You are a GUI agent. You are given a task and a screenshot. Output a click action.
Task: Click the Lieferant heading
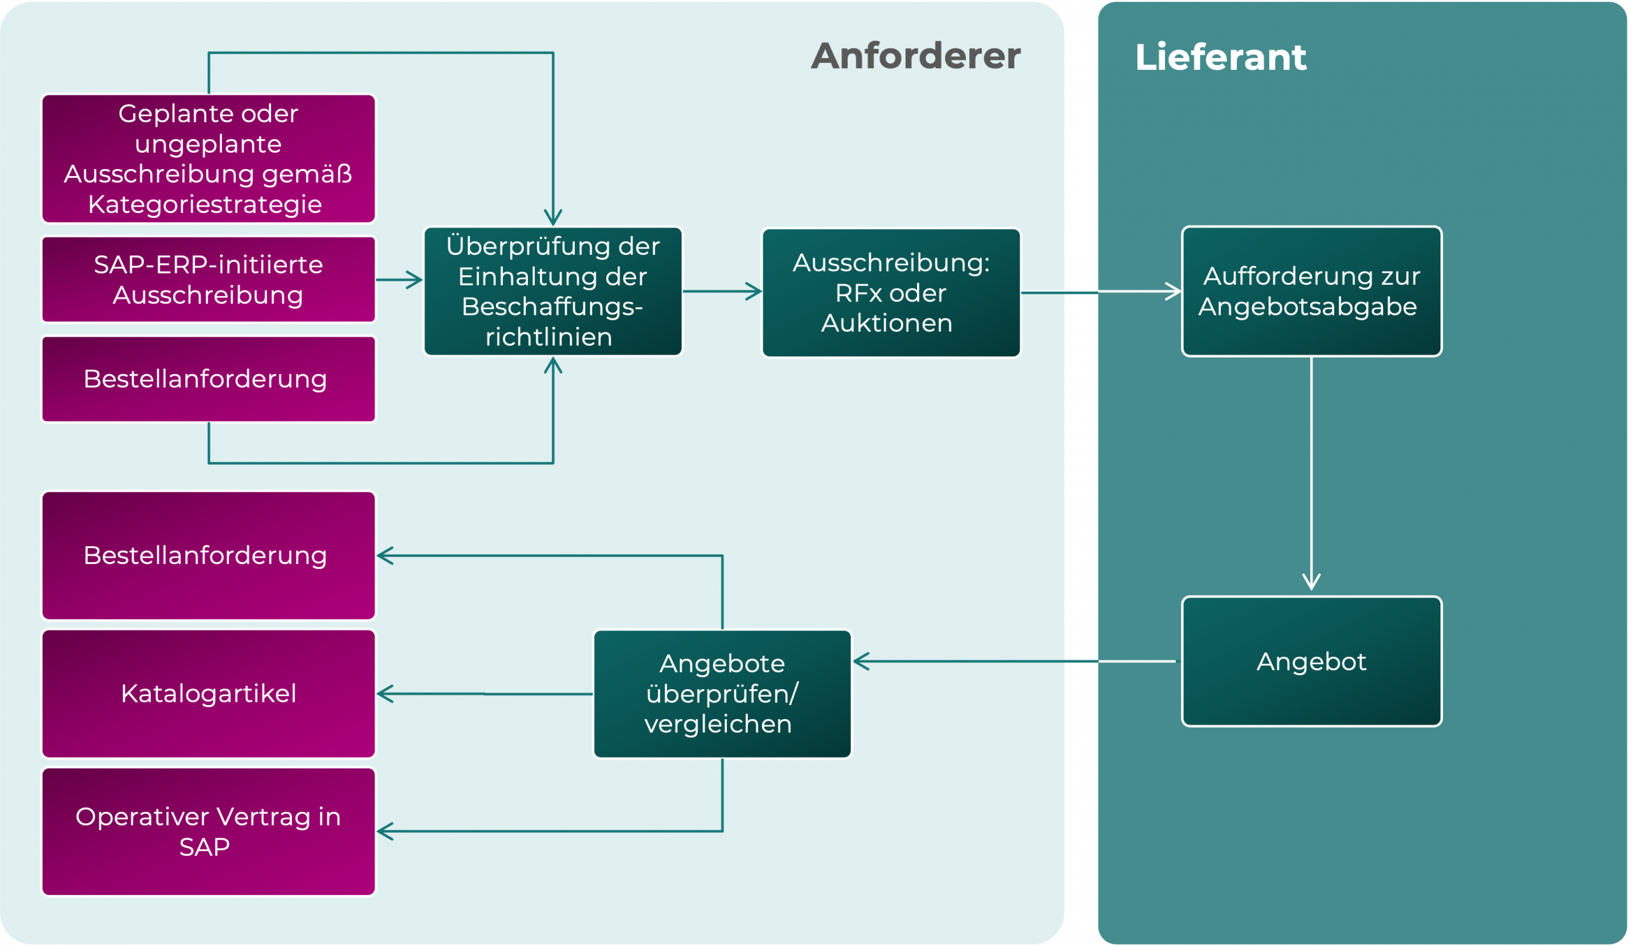pyautogui.click(x=1220, y=57)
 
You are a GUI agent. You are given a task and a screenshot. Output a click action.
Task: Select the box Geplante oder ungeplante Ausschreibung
pyautogui.click(x=208, y=159)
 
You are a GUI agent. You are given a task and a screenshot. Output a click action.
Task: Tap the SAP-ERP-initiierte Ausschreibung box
pyautogui.click(x=208, y=280)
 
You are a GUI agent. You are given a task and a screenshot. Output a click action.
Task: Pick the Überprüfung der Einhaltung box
pyautogui.click(x=553, y=291)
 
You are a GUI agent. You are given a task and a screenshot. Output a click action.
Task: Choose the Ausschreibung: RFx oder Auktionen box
pyautogui.click(x=891, y=292)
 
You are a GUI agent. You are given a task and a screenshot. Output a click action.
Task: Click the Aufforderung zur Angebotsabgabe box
pyautogui.click(x=1311, y=291)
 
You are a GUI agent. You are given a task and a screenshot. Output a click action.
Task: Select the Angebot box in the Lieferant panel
pyautogui.click(x=1311, y=661)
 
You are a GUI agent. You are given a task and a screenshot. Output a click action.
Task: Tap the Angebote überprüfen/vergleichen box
pyautogui.click(x=722, y=694)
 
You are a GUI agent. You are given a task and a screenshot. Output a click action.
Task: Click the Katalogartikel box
pyautogui.click(x=208, y=694)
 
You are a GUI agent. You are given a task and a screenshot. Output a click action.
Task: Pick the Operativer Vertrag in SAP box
pyautogui.click(x=208, y=832)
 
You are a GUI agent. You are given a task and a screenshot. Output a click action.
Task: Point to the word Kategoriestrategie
pyautogui.click(x=205, y=205)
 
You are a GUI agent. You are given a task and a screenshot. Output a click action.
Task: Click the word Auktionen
pyautogui.click(x=886, y=324)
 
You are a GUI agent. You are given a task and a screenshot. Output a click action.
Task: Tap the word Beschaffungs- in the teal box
pyautogui.click(x=552, y=306)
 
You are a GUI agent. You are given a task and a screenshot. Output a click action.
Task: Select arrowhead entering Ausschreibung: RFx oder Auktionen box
pyautogui.click(x=754, y=291)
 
